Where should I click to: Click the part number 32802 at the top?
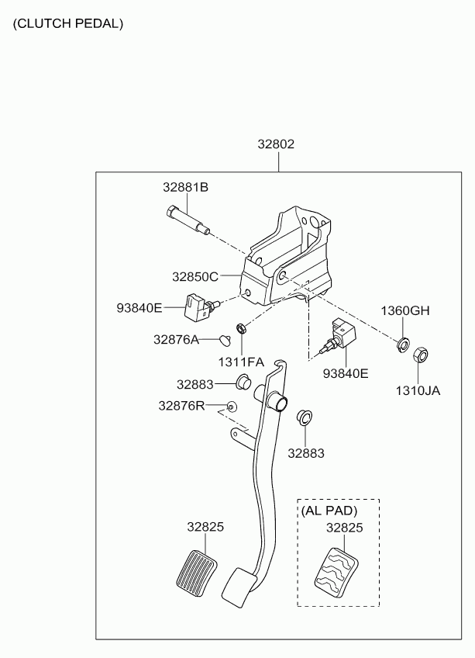pyautogui.click(x=276, y=144)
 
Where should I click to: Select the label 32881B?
pyautogui.click(x=185, y=187)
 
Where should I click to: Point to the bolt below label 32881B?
pyautogui.click(x=188, y=219)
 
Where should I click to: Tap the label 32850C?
pyautogui.click(x=195, y=276)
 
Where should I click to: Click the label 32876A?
pyautogui.click(x=176, y=339)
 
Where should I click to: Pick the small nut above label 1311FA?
pyautogui.click(x=242, y=328)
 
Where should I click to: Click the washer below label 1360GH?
pyautogui.click(x=403, y=344)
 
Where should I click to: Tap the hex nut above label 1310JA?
pyautogui.click(x=420, y=355)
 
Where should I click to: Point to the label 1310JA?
pyautogui.click(x=418, y=391)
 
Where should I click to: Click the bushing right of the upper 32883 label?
pyautogui.click(x=243, y=382)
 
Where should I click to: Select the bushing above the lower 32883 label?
pyautogui.click(x=305, y=417)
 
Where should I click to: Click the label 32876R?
pyautogui.click(x=181, y=406)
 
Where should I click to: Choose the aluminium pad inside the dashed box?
pyautogui.click(x=336, y=572)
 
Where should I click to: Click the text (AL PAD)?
pyautogui.click(x=329, y=511)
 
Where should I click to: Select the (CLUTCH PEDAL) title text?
pyautogui.click(x=68, y=23)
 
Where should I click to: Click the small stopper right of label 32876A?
pyautogui.click(x=225, y=341)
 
